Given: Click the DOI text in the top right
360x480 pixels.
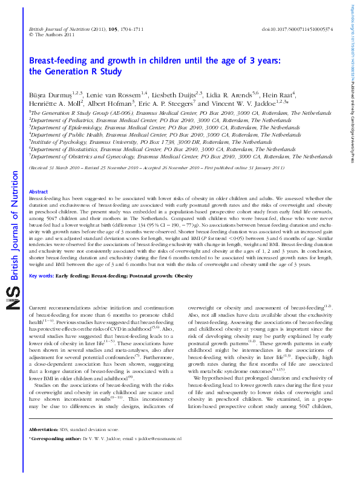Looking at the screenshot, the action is [297, 29].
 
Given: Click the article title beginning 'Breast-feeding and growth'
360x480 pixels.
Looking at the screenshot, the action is [154, 66].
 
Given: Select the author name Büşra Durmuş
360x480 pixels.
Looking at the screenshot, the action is [49, 94].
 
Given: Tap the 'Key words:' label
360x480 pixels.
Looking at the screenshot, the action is [41, 276].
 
